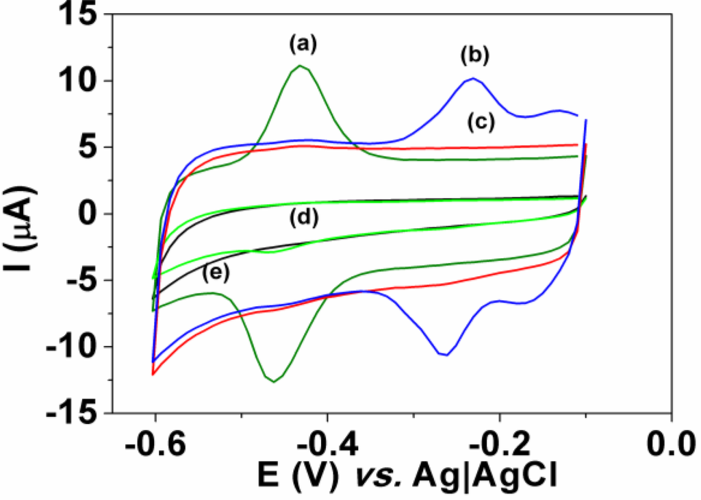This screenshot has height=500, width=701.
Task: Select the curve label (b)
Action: tap(474, 55)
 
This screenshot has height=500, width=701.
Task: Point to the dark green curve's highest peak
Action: tap(300, 66)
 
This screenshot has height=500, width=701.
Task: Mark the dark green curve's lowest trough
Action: tap(274, 382)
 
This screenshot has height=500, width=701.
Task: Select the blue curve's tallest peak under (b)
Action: tap(473, 79)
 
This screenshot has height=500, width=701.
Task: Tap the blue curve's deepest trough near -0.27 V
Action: tap(445, 355)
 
